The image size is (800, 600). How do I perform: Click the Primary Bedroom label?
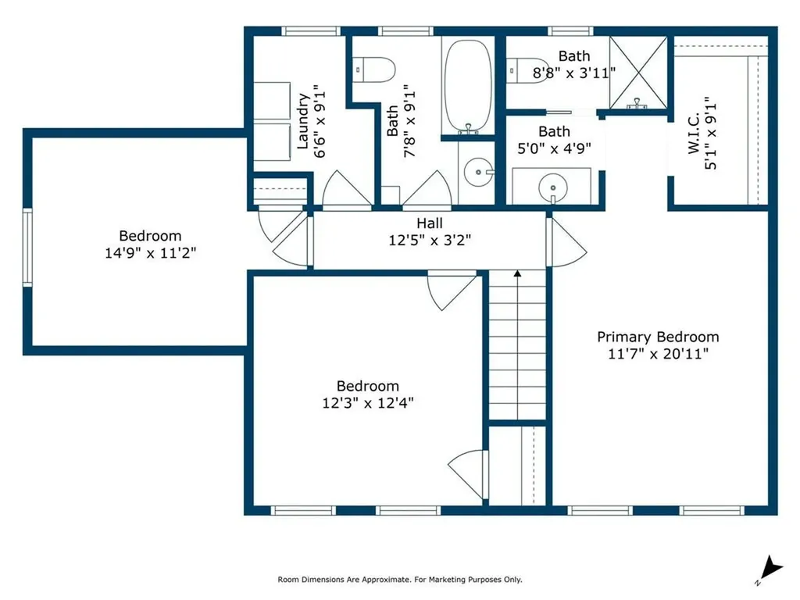pos(658,337)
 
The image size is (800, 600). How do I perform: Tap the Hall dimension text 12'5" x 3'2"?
pos(430,240)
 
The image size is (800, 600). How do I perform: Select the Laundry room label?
pos(303,121)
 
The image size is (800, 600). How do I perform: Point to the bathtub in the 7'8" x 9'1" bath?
pos(468,87)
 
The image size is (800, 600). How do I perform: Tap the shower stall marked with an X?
pos(638,73)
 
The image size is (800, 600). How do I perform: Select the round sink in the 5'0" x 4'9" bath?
pos(553,187)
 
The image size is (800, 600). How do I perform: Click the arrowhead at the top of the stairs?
pos(517,274)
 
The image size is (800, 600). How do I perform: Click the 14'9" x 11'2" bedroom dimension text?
pos(151,252)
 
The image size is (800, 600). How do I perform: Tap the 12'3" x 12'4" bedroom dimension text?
pos(368,402)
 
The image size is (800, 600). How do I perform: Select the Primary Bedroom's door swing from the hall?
pos(566,242)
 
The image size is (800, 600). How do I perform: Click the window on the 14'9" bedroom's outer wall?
pos(27,248)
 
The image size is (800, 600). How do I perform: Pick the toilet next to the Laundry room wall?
pos(374,70)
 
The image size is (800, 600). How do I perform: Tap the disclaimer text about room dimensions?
pos(400,580)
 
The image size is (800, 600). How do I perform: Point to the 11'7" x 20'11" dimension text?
pos(658,354)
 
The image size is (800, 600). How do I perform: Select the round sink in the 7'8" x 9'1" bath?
pos(478,173)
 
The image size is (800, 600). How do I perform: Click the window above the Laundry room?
pos(311,31)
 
